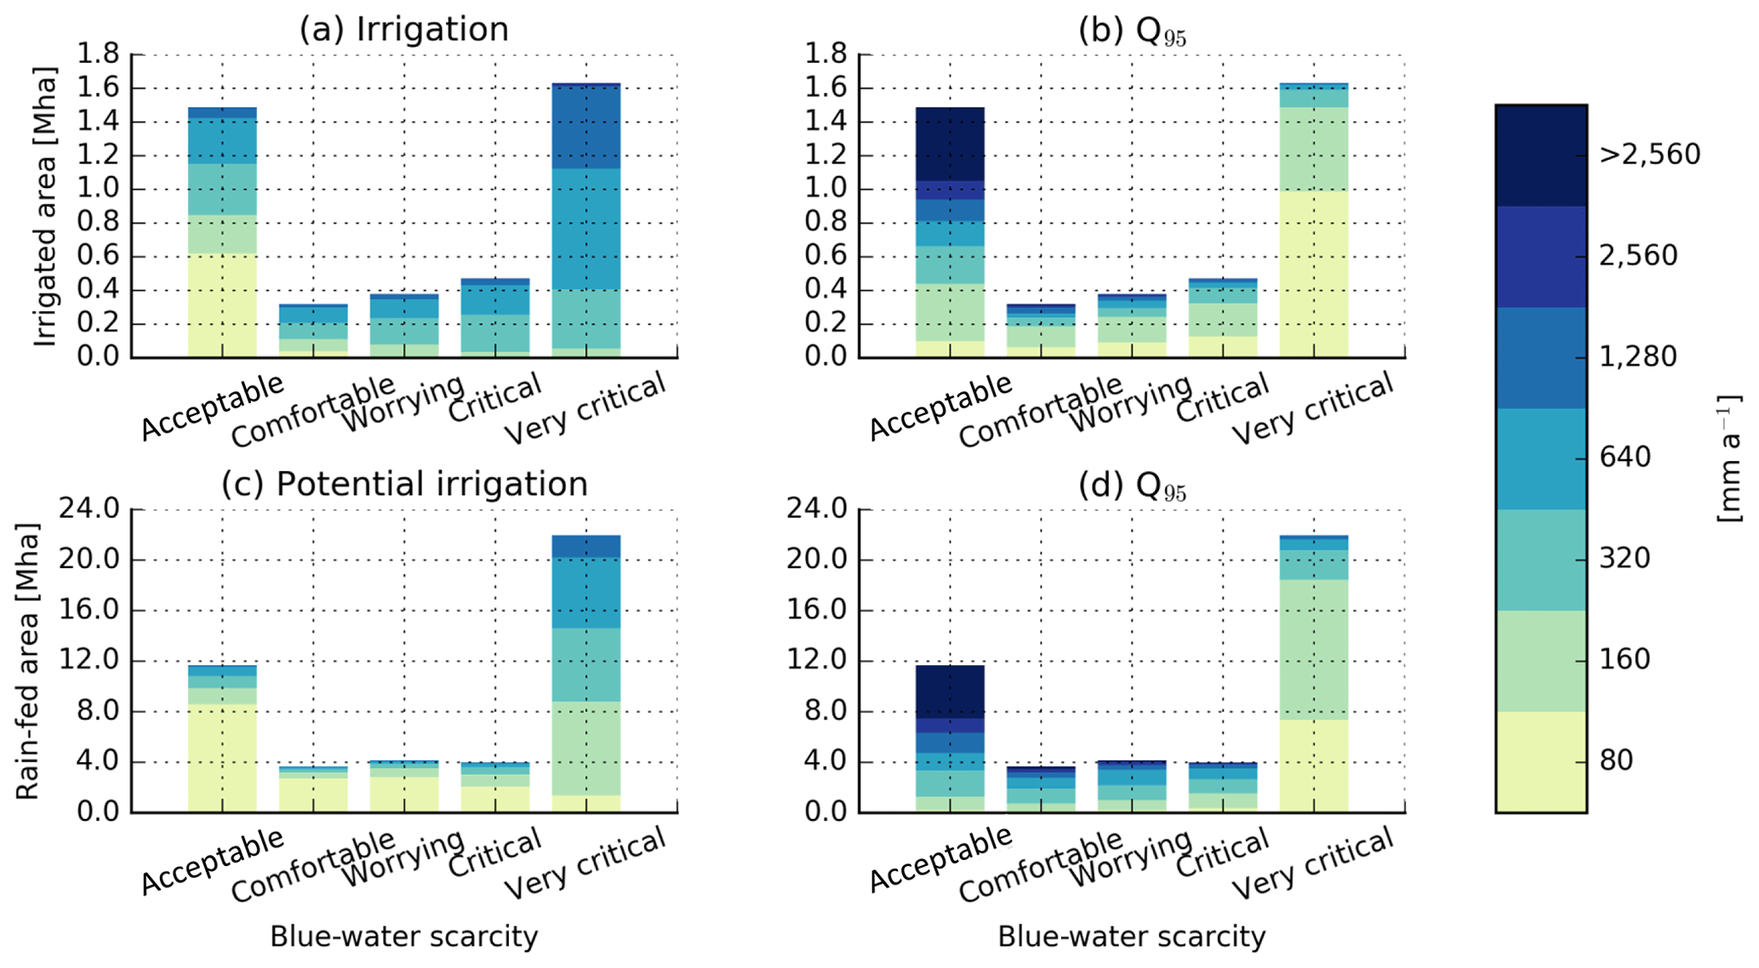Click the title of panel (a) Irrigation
click(403, 29)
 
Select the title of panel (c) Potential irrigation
click(404, 483)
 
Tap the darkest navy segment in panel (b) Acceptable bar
click(951, 143)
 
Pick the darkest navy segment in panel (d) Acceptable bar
click(951, 692)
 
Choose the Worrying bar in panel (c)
click(404, 787)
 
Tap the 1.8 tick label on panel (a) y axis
click(99, 54)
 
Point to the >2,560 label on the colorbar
click(1649, 155)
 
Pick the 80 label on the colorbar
click(1616, 760)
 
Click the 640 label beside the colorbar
click(1625, 458)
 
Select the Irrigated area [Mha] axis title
click(45, 207)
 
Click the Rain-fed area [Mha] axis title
click(27, 661)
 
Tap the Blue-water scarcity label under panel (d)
click(1131, 937)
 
